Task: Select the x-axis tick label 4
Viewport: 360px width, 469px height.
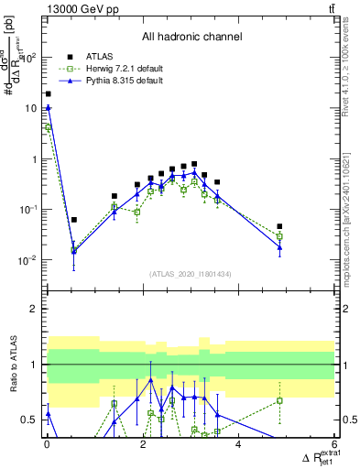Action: point(238,445)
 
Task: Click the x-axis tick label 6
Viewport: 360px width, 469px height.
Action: point(333,445)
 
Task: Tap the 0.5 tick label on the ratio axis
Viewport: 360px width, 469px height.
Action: point(29,420)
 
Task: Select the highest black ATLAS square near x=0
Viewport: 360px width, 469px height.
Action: point(48,93)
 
